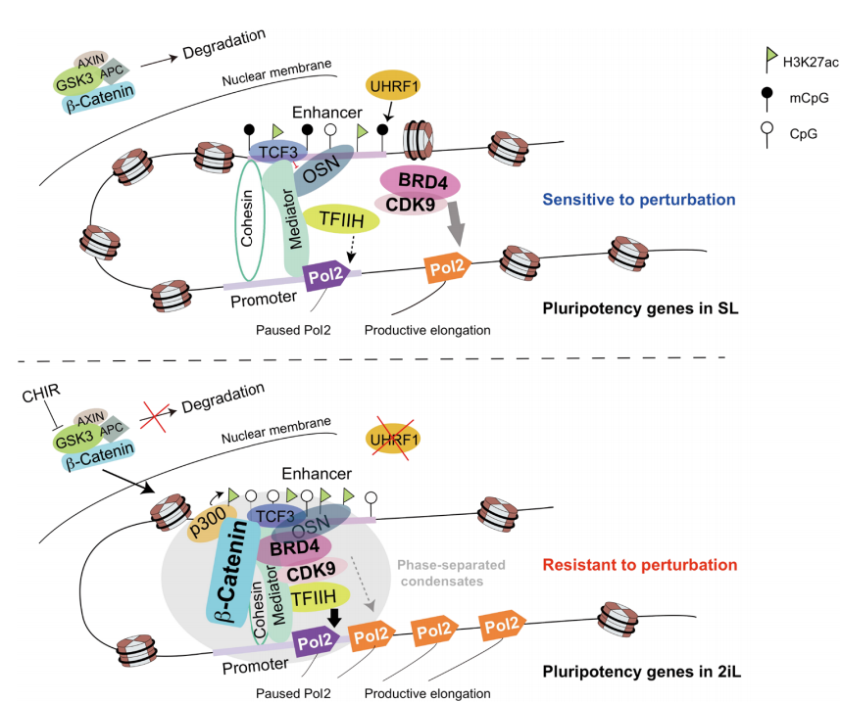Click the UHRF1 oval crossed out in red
(395, 437)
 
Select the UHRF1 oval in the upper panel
(393, 86)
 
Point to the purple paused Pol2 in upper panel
(325, 277)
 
